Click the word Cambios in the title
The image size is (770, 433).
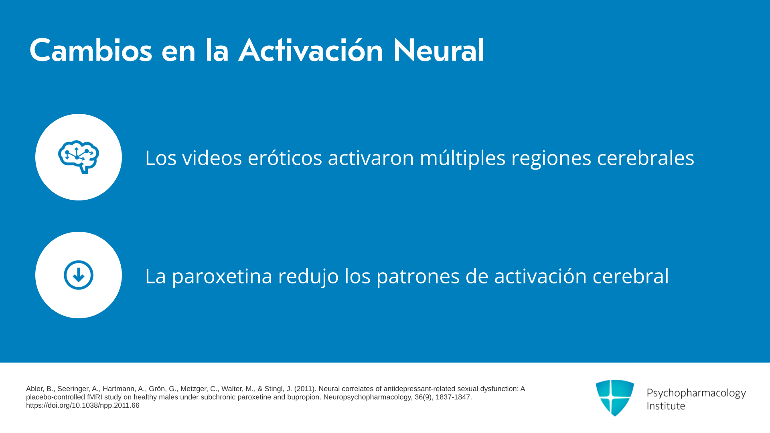pyautogui.click(x=91, y=51)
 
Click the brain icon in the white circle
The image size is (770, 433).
pyautogui.click(x=79, y=157)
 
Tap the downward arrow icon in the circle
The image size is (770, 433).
pyautogui.click(x=79, y=275)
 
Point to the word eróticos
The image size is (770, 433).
pyautogui.click(x=285, y=158)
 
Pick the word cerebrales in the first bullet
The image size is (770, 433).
pyautogui.click(x=646, y=158)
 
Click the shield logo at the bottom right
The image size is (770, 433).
pyautogui.click(x=615, y=398)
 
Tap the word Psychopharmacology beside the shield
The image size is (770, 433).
pyautogui.click(x=696, y=393)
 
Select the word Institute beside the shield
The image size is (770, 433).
pyautogui.click(x=666, y=406)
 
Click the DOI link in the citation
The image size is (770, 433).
pyautogui.click(x=83, y=405)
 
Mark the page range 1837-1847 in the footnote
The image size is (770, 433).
pyautogui.click(x=453, y=397)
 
